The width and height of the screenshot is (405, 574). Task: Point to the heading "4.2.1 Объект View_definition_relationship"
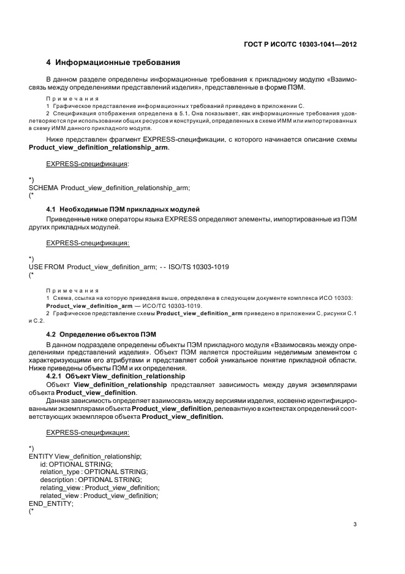coord(115,375)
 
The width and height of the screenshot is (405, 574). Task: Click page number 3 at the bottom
coord(355,524)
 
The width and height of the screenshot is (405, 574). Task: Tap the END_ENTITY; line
coord(51,503)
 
